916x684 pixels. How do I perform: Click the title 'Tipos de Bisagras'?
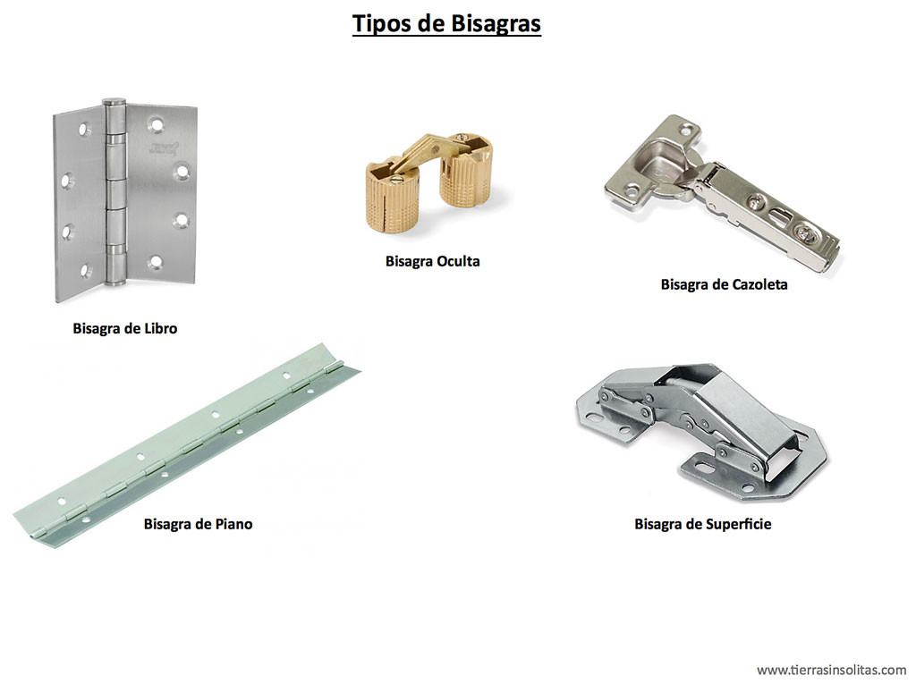click(446, 24)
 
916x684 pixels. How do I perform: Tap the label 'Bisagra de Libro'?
click(125, 328)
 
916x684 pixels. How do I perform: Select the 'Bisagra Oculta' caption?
click(432, 261)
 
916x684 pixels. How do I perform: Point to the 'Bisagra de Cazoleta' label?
click(724, 284)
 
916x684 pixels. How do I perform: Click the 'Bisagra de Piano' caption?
click(198, 524)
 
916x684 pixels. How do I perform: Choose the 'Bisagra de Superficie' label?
click(703, 524)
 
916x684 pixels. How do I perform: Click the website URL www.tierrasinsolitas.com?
click(832, 670)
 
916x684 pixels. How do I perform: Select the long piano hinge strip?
click(187, 445)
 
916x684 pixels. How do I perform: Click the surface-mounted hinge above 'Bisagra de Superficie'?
click(701, 431)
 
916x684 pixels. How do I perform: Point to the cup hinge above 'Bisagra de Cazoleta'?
click(722, 193)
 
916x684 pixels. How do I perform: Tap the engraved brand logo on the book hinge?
click(163, 148)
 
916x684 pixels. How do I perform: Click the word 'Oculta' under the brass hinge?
click(456, 261)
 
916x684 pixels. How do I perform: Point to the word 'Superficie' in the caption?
click(738, 524)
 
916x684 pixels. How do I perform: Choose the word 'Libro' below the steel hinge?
click(159, 328)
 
